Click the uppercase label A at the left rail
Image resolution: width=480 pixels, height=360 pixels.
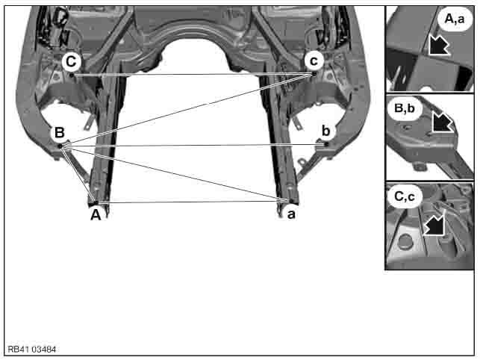[95, 215]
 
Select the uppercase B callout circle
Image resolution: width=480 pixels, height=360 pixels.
[59, 134]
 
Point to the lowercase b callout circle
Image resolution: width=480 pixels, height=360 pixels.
[325, 131]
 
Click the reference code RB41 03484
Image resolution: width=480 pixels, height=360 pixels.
[32, 350]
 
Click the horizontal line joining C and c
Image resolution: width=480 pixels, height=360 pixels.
[187, 75]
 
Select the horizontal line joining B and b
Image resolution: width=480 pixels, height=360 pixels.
[194, 145]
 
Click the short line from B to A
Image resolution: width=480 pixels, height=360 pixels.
[78, 175]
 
